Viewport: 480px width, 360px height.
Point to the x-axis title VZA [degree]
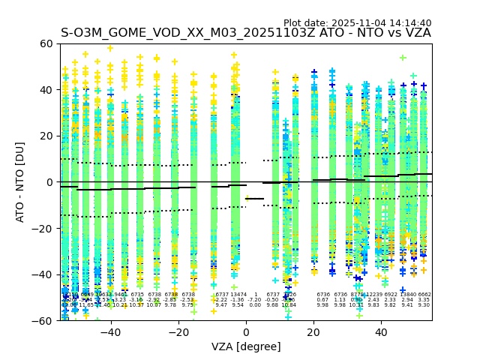point(245,346)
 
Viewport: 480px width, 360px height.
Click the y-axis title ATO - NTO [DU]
point(21,181)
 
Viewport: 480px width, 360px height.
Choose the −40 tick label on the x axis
point(110,332)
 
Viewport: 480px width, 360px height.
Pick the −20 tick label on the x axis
point(178,332)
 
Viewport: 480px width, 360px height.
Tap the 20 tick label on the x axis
point(313,332)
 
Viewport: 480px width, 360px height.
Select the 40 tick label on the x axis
point(381,332)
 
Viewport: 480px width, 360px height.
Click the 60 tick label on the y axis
point(46,43)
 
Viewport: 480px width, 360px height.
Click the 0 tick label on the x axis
point(246,332)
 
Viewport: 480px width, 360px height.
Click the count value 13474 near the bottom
point(238,295)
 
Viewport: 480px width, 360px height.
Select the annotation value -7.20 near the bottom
point(255,300)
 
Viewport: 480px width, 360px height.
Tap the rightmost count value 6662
point(424,295)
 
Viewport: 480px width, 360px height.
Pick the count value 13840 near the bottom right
point(408,295)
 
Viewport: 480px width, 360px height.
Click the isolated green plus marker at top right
point(403,57)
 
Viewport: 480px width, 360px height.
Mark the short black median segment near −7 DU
point(255,199)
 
